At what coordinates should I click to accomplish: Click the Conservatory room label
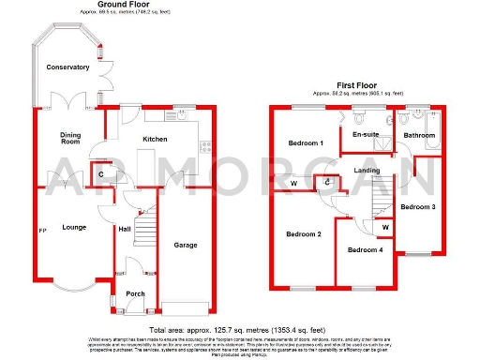coord(67,67)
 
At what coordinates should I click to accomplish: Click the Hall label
coord(125,229)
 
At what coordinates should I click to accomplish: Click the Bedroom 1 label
coord(305,143)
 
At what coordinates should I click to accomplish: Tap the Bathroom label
coord(419,135)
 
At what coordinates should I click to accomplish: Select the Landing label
coord(367,170)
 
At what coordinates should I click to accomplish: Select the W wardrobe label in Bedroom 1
coord(293,183)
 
